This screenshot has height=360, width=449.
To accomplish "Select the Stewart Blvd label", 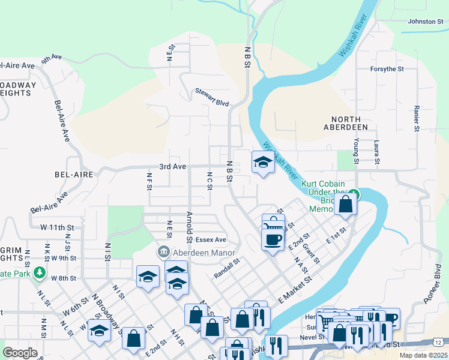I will pyautogui.click(x=212, y=97).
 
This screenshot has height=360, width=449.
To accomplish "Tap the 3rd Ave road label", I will pyautogui.click(x=172, y=166).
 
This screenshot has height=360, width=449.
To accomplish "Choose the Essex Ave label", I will pyautogui.click(x=211, y=239).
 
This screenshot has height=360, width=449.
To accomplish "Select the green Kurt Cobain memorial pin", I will pyautogui.click(x=354, y=193).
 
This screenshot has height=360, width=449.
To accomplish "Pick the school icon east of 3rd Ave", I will pyautogui.click(x=262, y=163).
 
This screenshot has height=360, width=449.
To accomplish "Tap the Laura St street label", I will pyautogui.click(x=376, y=152).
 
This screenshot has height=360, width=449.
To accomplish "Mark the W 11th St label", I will pyautogui.click(x=56, y=228).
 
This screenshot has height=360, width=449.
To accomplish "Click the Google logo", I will pyautogui.click(x=20, y=352).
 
